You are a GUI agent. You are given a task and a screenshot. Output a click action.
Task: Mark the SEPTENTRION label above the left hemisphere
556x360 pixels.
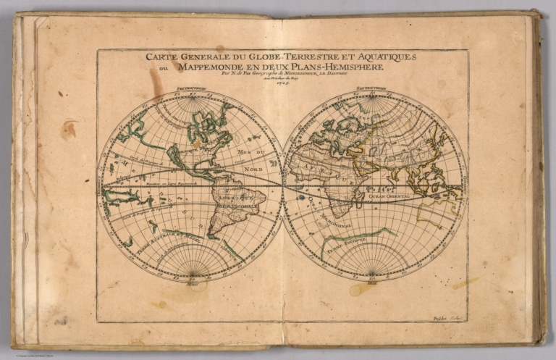(190, 91)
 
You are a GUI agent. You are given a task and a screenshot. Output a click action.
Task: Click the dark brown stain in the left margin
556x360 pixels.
(69, 130)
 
